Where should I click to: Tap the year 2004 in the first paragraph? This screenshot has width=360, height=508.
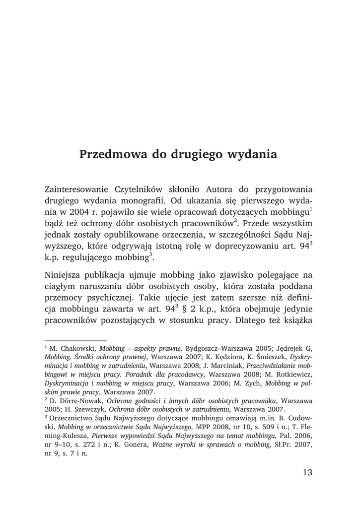click(72, 213)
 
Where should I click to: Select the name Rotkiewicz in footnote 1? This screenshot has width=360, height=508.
click(294, 375)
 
